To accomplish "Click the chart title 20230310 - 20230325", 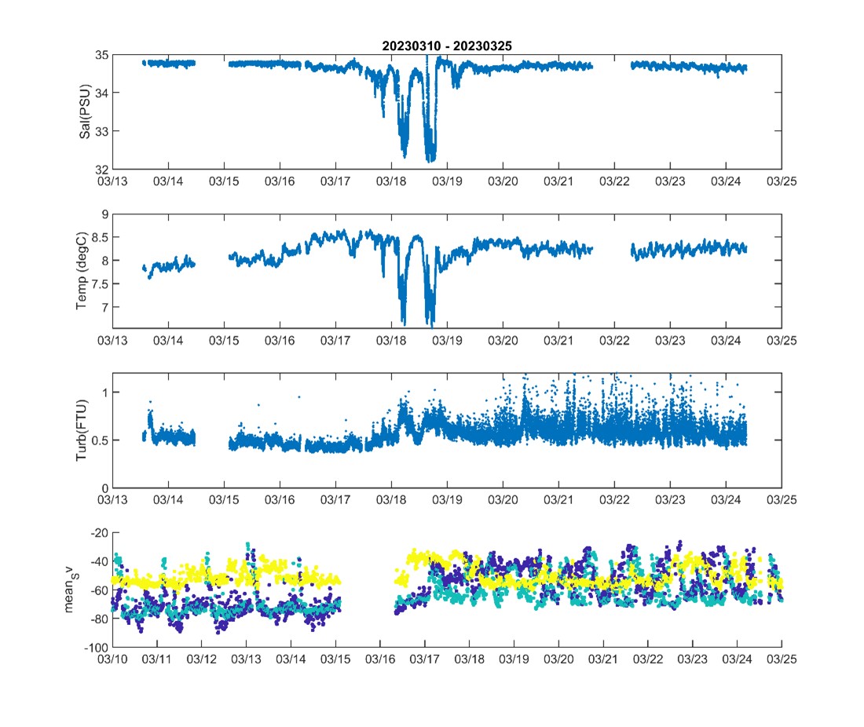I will pyautogui.click(x=447, y=46).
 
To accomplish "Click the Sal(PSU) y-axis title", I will pyautogui.click(x=84, y=111).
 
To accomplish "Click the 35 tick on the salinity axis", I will pyautogui.click(x=101, y=56).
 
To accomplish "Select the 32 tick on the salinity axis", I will pyautogui.click(x=101, y=170).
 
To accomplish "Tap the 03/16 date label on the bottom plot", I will pyautogui.click(x=380, y=659).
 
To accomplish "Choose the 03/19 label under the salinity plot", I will pyautogui.click(x=447, y=181).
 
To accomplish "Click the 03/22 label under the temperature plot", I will pyautogui.click(x=614, y=341).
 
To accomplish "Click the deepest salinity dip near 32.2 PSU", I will pyautogui.click(x=430, y=160).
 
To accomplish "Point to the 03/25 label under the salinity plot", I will pyautogui.click(x=781, y=181).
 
